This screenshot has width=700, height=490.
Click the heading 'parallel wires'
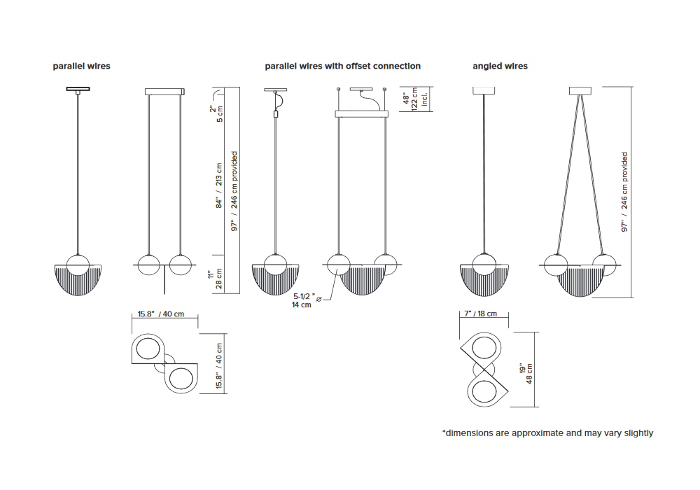point(81,66)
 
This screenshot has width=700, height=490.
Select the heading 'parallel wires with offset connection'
point(342,66)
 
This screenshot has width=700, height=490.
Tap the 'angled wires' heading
point(500,66)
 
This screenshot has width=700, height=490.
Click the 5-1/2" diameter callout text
point(302,300)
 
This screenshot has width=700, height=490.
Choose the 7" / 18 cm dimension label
point(480,314)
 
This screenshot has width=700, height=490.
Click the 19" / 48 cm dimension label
point(526,374)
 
